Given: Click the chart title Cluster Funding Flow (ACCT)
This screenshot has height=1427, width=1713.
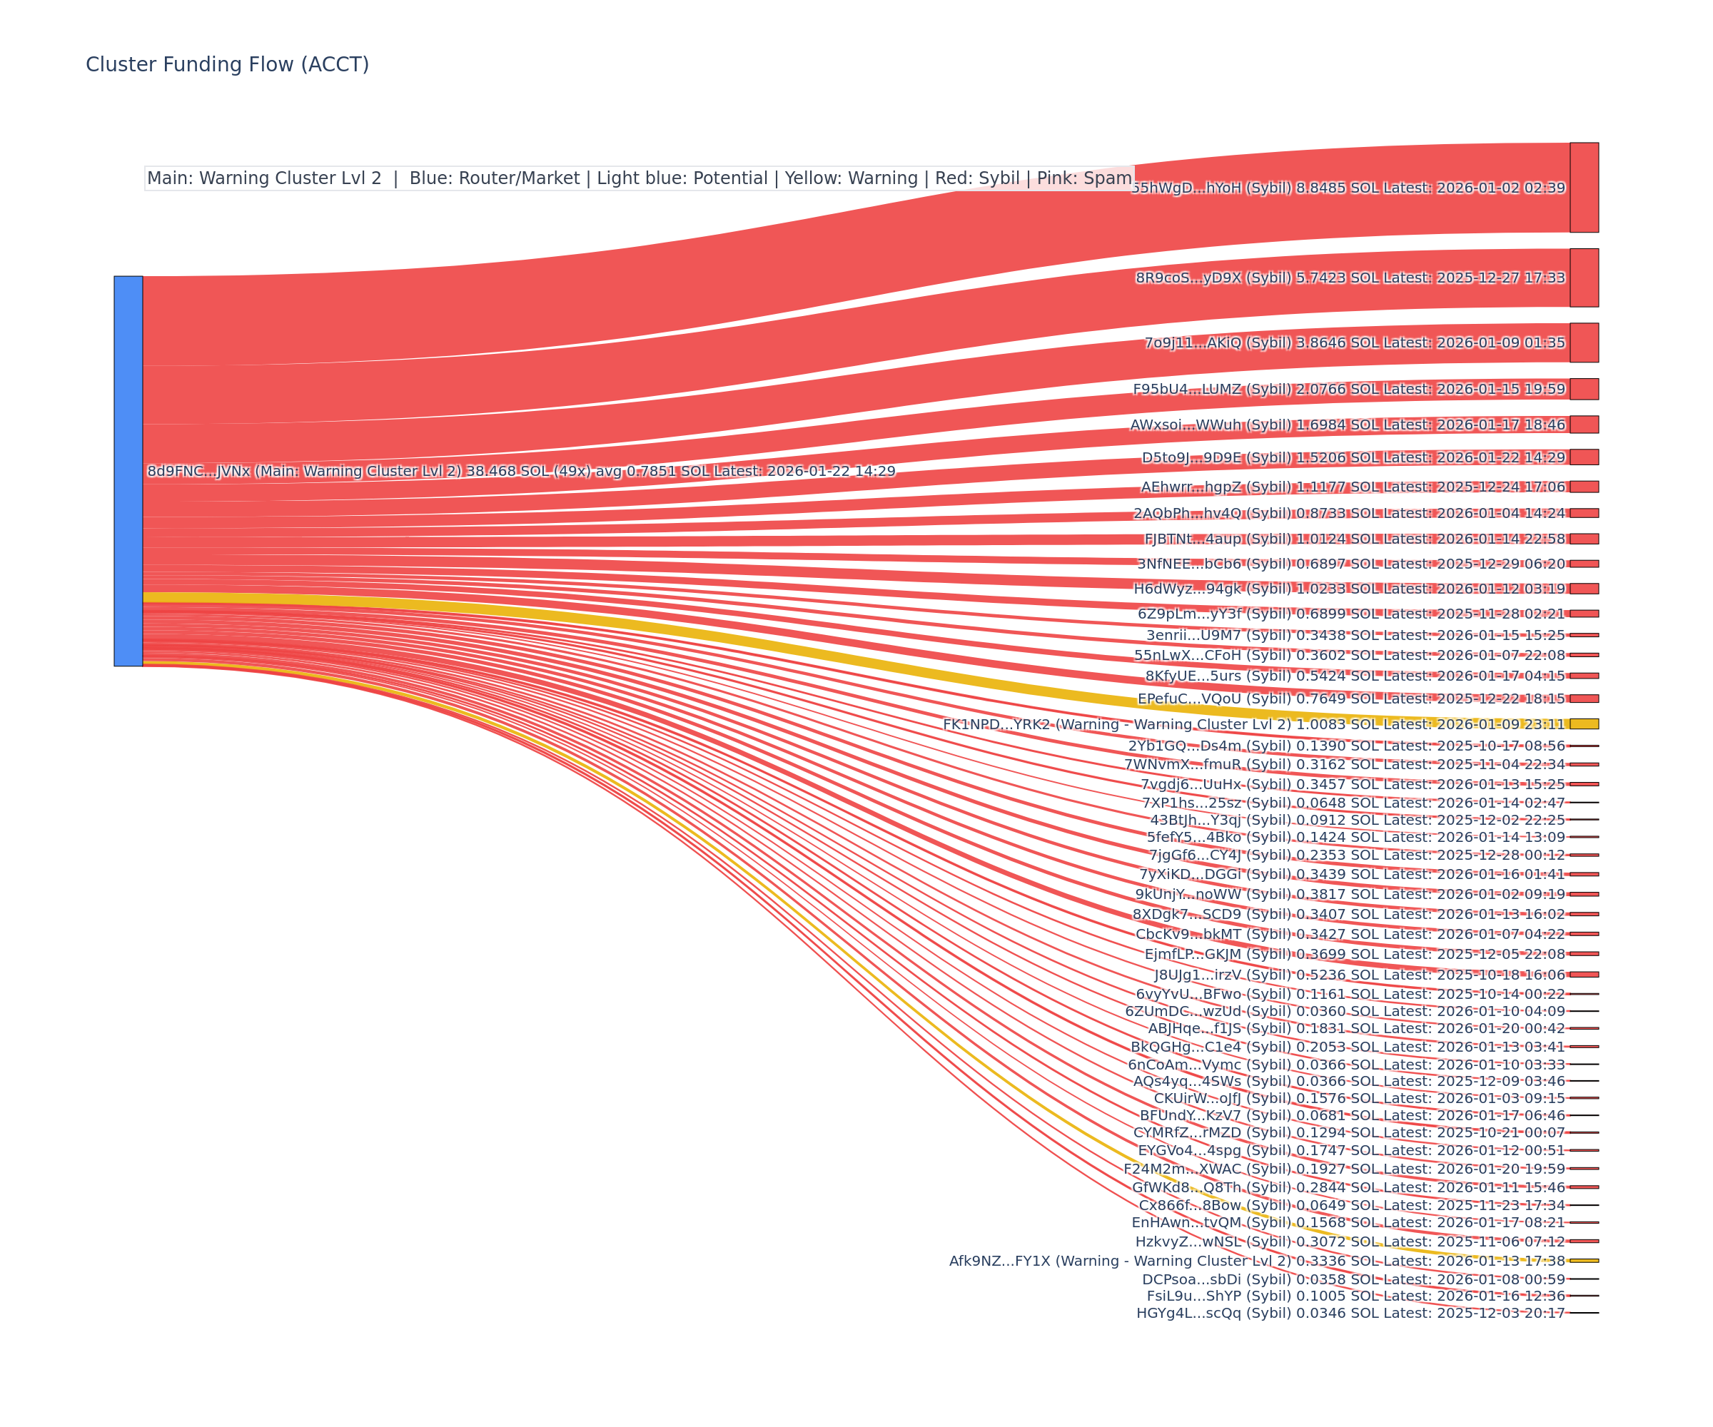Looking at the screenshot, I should (228, 64).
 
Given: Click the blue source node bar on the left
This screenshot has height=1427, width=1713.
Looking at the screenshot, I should (128, 472).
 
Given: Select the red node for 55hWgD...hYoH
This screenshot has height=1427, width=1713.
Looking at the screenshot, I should (1584, 188).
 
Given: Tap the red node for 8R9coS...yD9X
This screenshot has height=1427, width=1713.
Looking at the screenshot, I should (1584, 278).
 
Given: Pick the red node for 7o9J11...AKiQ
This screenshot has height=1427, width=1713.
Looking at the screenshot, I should (1584, 342).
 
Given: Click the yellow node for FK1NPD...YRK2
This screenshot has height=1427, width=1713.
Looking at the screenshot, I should (1584, 724).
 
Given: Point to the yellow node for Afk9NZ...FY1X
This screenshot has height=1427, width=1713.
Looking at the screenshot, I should (1584, 1261).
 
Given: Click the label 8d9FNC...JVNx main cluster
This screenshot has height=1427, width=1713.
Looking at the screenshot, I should (521, 472).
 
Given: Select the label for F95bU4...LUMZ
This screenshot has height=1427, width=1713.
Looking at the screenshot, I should (1349, 389).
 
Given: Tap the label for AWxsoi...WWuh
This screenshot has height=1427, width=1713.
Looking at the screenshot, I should (1348, 425).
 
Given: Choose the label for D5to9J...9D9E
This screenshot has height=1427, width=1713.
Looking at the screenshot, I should (1353, 457).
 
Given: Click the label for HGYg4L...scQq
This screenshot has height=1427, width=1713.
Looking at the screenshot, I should (1351, 1313).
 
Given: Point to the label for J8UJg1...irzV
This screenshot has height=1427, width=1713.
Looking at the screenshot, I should (1360, 975).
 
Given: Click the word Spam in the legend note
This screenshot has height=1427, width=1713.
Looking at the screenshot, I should (1108, 178).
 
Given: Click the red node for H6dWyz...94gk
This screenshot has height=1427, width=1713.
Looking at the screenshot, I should (1584, 589).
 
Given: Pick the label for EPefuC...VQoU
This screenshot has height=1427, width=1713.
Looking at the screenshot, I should (1352, 699).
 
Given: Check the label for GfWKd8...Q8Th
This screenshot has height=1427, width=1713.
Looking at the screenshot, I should (1349, 1187).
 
